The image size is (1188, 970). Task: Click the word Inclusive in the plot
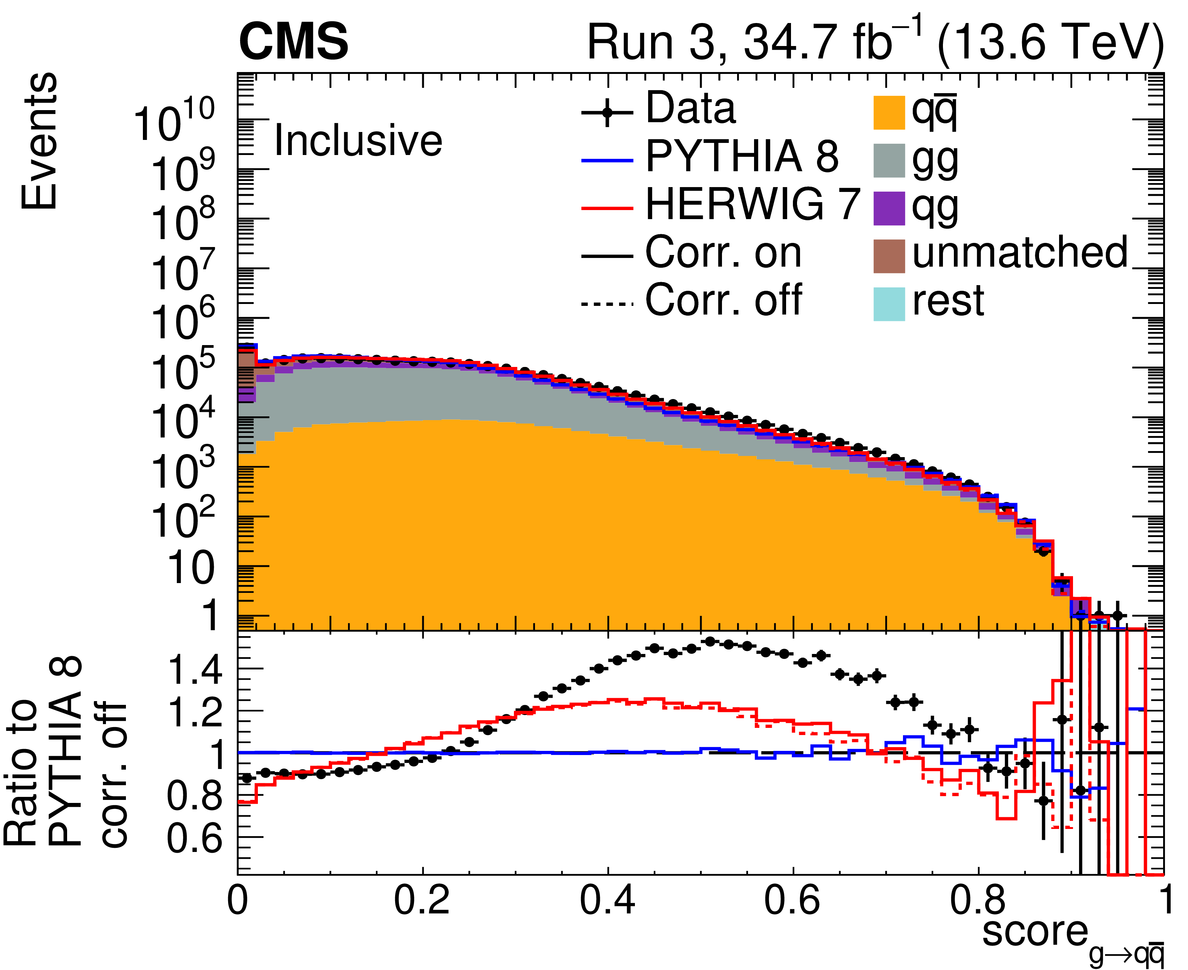coord(358,140)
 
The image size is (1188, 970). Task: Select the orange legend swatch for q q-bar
coord(889,113)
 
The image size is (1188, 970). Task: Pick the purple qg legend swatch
coord(889,209)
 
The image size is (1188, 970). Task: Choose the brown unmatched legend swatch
coord(889,256)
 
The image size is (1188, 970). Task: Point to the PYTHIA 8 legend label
coord(742,157)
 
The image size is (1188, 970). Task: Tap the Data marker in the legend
coord(607,114)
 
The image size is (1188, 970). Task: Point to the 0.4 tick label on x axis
coord(608,901)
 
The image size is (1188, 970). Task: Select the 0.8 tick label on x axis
coord(978,901)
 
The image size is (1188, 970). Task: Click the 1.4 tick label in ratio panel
coord(195,671)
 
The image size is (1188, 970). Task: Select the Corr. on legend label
coord(723,253)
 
